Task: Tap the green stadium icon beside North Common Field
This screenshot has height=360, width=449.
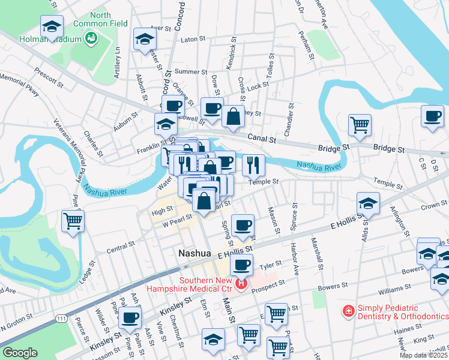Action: (x=91, y=39)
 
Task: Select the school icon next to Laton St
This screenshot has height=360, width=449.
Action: (x=144, y=39)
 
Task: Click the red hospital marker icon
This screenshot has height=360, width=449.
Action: (x=241, y=283)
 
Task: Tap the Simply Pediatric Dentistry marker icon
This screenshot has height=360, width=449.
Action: (x=348, y=310)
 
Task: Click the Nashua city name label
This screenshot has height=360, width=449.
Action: (x=194, y=254)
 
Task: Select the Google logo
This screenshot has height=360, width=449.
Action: (x=20, y=353)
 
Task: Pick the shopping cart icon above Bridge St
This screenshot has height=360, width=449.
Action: (x=360, y=125)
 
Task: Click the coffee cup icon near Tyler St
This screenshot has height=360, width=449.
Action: (x=242, y=264)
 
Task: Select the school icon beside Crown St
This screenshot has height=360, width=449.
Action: (x=367, y=203)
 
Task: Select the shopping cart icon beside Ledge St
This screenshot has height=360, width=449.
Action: (x=73, y=220)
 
